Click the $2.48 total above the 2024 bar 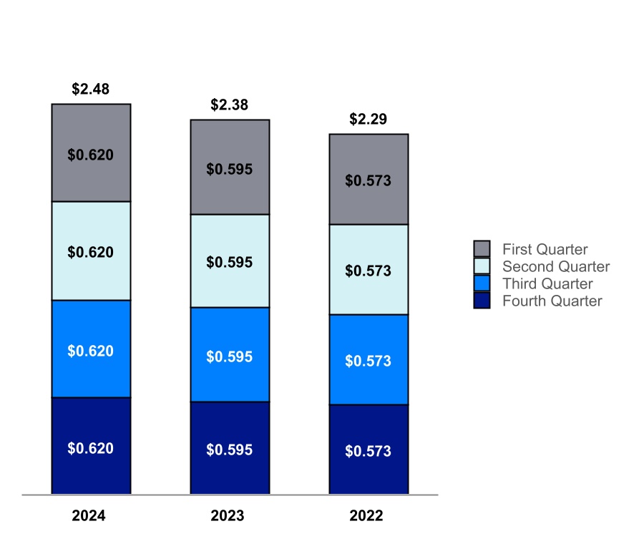click(x=91, y=89)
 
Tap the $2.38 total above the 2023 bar click(x=230, y=105)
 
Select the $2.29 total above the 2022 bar click(x=369, y=120)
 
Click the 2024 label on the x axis click(x=89, y=516)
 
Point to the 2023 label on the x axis click(x=228, y=516)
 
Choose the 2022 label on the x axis click(x=366, y=516)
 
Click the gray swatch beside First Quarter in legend click(x=482, y=249)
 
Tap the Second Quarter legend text click(x=556, y=267)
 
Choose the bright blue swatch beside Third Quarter click(x=482, y=283)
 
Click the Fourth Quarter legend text click(x=552, y=301)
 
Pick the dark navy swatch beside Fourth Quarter click(x=482, y=301)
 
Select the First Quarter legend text click(x=545, y=250)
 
